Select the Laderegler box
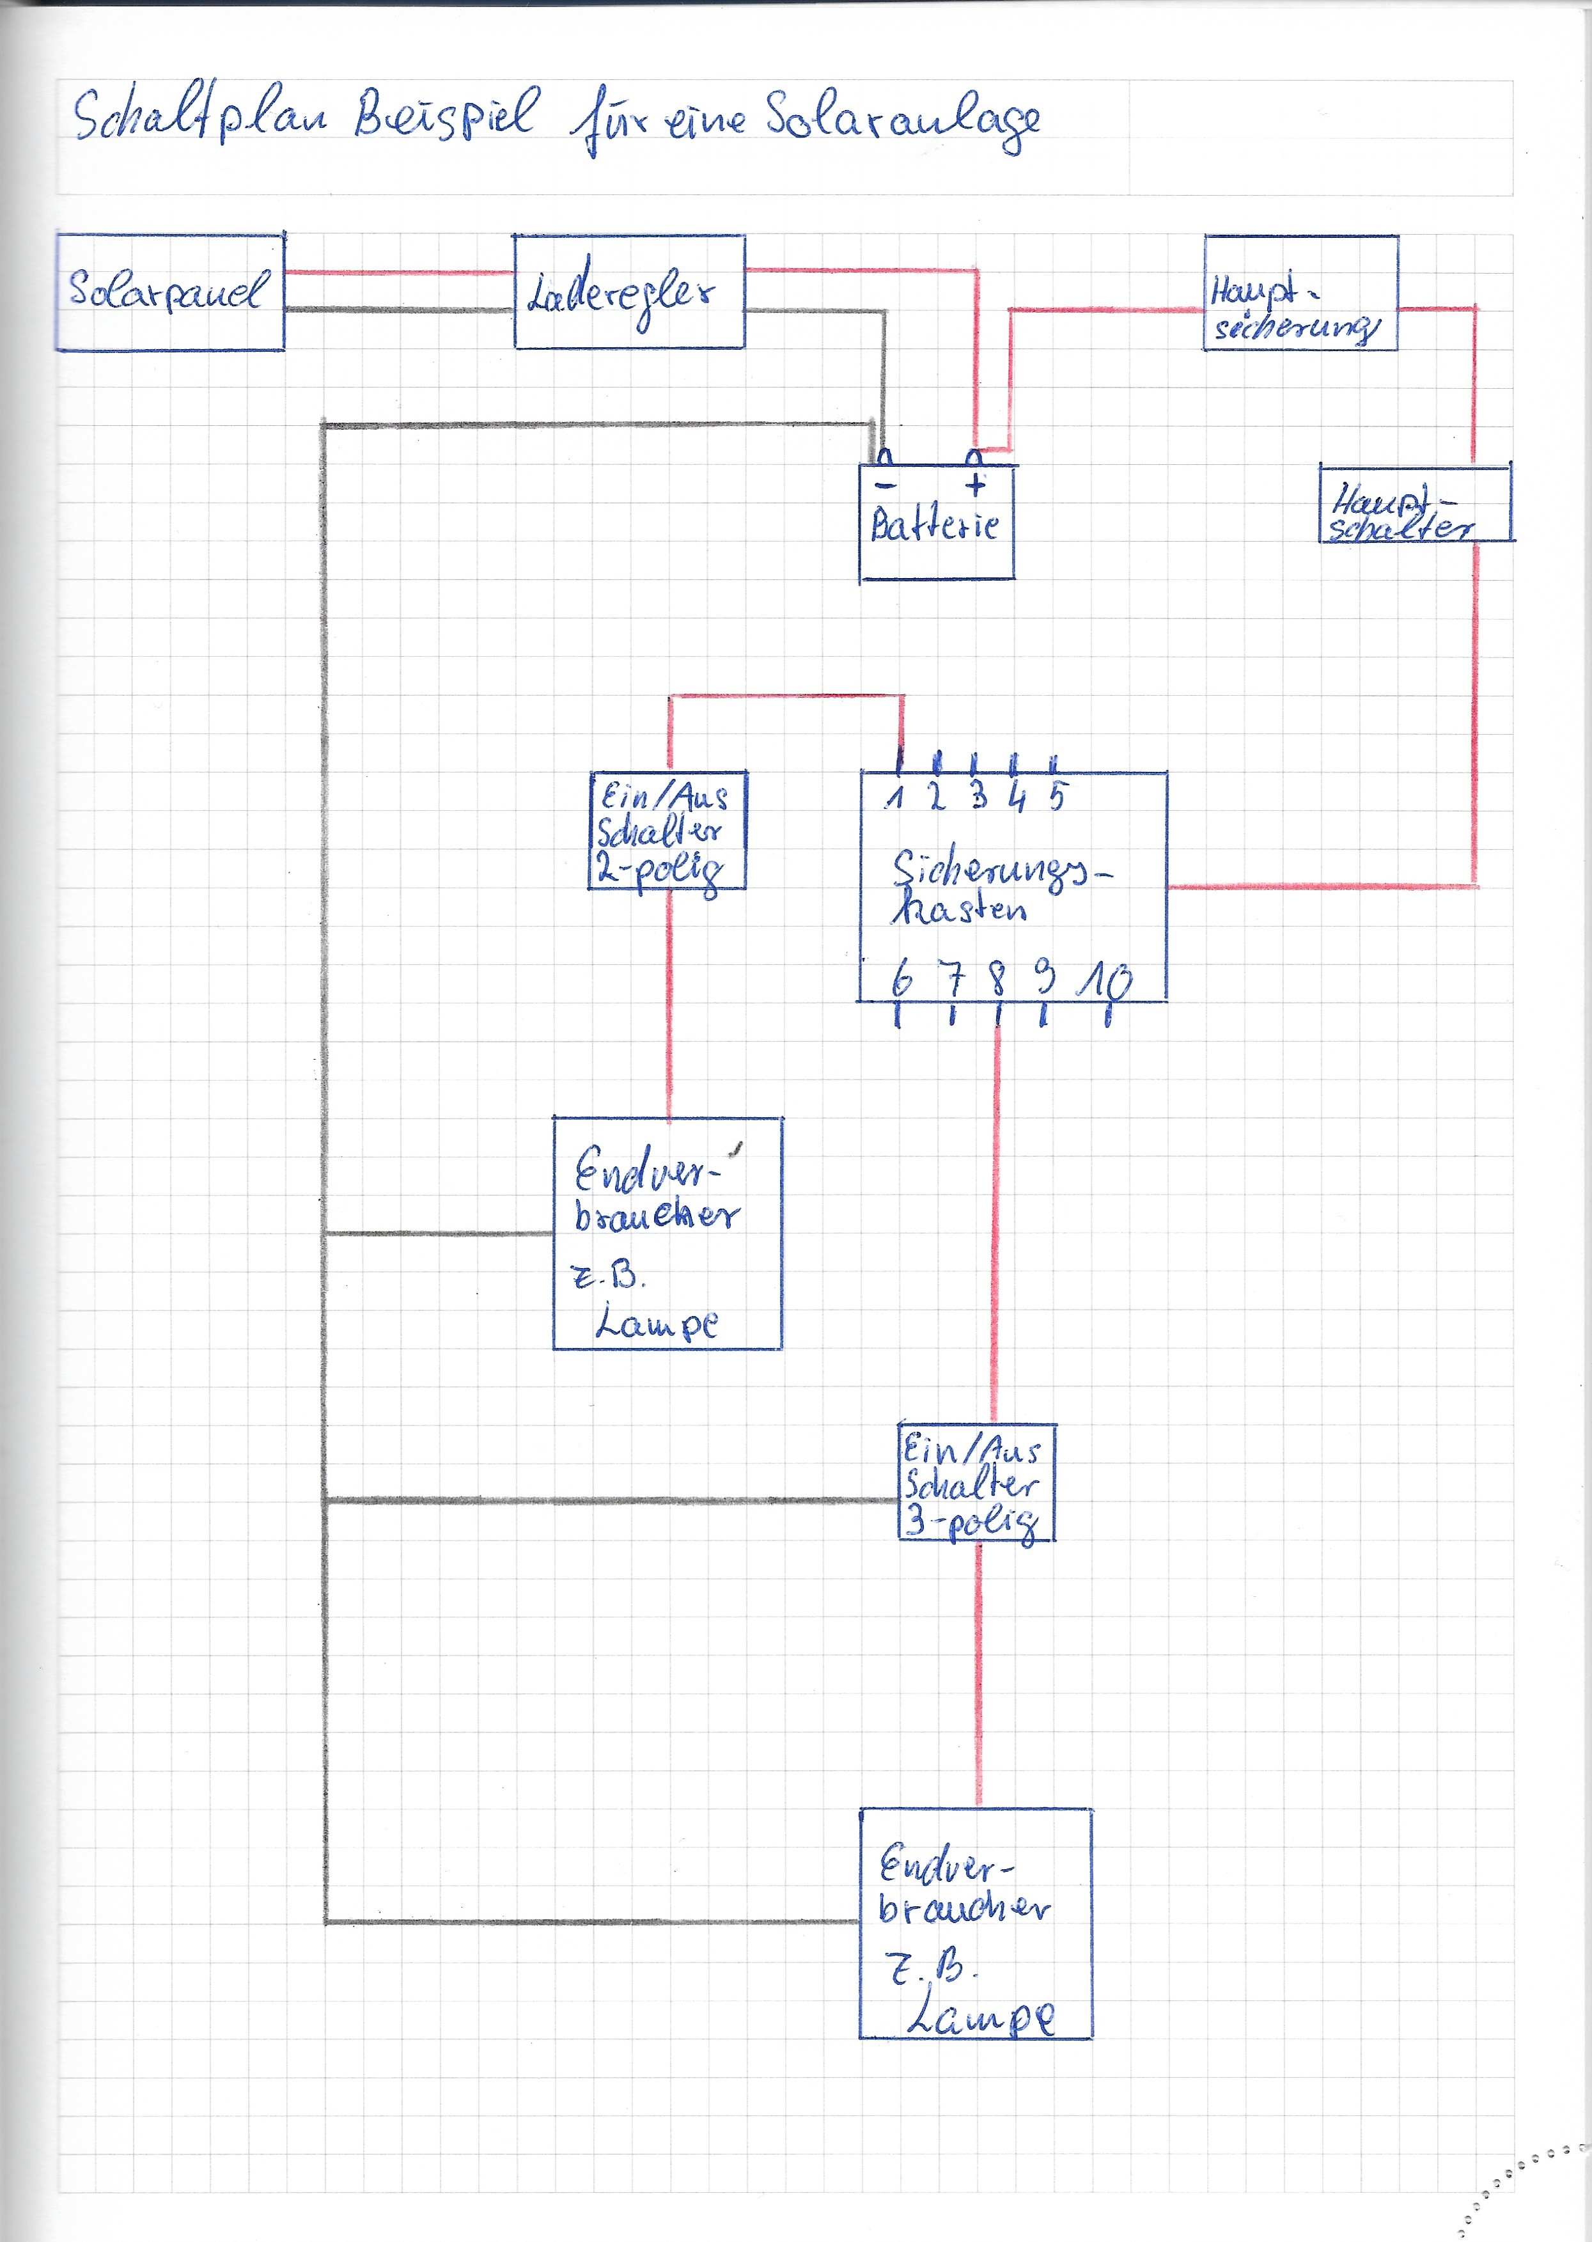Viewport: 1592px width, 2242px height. point(628,292)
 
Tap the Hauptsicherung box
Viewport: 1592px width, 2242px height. point(1300,293)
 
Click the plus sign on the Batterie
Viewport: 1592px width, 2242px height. point(976,483)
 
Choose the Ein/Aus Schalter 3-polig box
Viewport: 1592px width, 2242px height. point(976,1483)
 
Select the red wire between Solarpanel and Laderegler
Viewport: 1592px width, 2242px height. point(399,272)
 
